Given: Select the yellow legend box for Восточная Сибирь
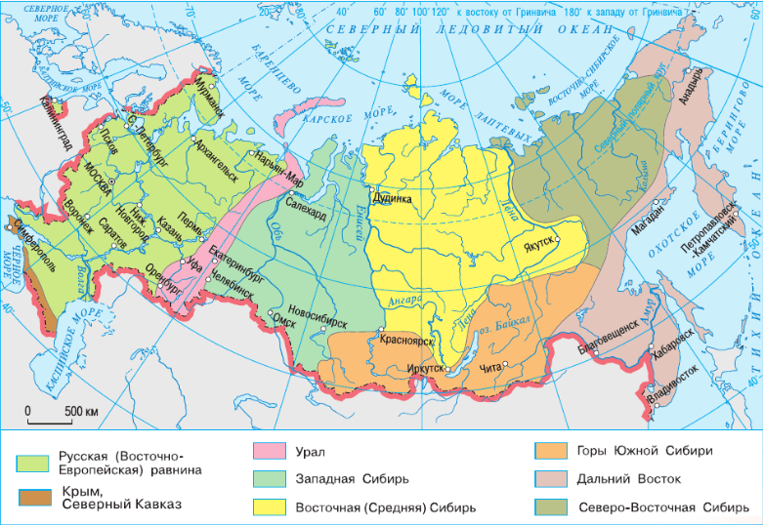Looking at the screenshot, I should click(270, 507).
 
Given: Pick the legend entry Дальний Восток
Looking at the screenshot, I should click(629, 479).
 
